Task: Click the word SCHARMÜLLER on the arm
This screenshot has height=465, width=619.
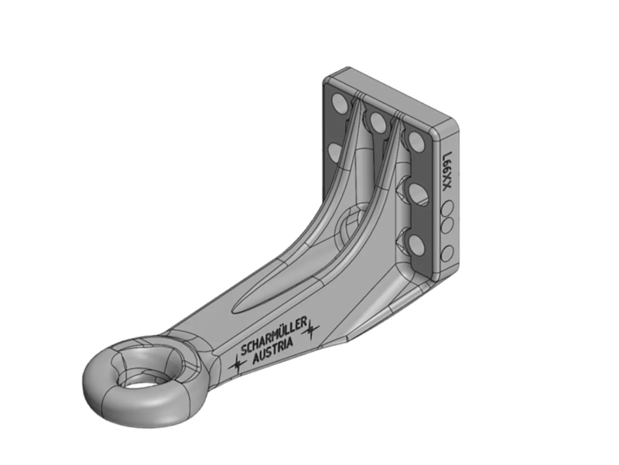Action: point(273,337)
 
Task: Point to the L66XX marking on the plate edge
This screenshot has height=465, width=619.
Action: point(446,171)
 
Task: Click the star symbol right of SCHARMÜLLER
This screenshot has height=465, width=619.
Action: point(312,329)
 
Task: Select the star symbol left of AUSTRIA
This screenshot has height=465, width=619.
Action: point(238,364)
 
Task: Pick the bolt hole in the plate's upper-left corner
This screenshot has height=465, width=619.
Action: point(340,103)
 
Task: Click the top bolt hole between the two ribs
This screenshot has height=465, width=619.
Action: point(378,121)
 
